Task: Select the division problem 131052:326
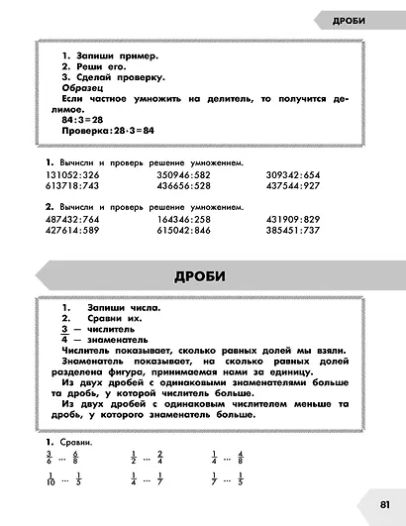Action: tap(72, 174)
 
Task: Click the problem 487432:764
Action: tap(72, 219)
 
